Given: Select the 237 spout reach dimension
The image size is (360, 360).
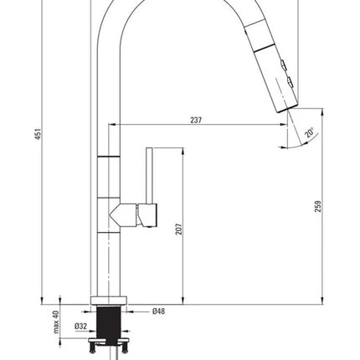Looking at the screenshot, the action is click(x=196, y=120).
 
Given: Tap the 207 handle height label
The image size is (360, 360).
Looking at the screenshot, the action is click(x=178, y=229).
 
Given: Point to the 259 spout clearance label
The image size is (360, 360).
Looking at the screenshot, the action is click(x=318, y=206).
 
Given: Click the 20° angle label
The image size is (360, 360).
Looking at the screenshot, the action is click(x=309, y=132).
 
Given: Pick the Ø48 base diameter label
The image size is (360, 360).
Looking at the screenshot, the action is click(x=158, y=311).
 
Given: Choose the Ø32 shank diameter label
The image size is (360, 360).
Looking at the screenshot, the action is click(x=81, y=326).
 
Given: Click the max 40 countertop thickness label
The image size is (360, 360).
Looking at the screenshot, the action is click(x=56, y=321).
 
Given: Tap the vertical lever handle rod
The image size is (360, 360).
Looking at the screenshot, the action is click(x=150, y=176).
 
